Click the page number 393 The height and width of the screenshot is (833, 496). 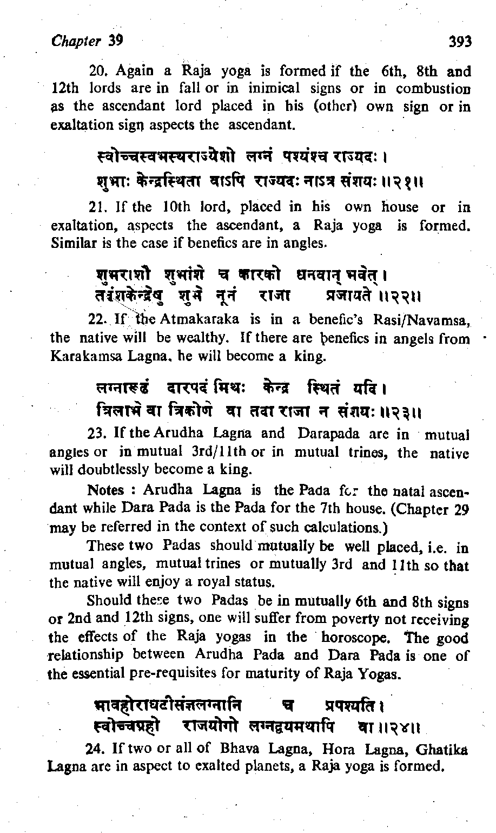(x=460, y=42)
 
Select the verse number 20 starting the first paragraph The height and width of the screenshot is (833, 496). (x=97, y=71)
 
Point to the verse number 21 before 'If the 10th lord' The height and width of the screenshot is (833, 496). (x=96, y=207)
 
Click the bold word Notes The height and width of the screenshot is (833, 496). (x=105, y=490)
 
